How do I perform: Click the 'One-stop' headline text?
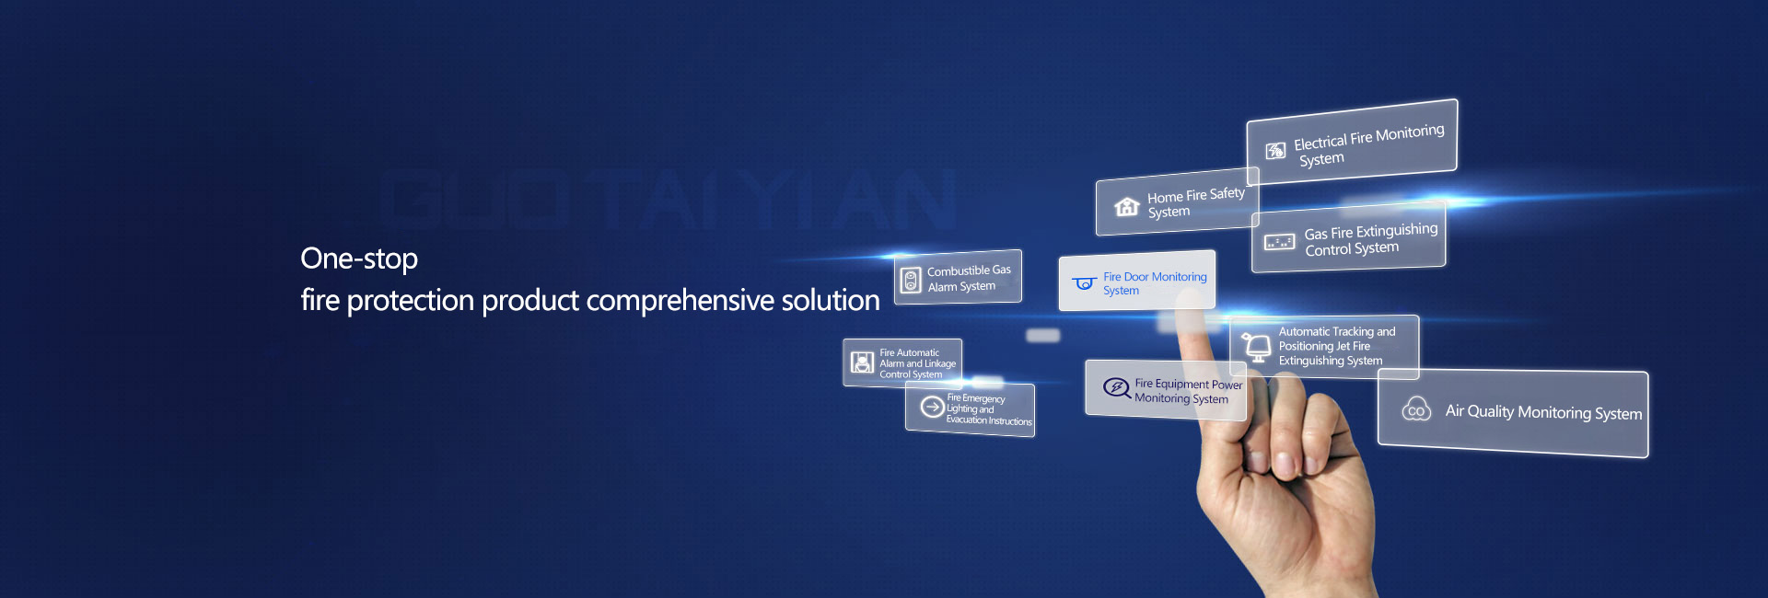coord(359,259)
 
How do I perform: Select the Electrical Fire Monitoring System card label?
coord(1368,144)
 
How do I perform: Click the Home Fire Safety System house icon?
coord(1127,206)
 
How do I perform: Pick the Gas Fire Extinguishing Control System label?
coord(1370,240)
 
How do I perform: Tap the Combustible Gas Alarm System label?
coord(969,278)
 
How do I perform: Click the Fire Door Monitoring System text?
coord(1155,283)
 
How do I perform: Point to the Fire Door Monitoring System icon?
coord(1085,283)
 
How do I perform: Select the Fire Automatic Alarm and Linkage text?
coord(917,363)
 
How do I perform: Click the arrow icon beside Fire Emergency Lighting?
coord(932,407)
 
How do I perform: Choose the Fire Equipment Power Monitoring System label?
coord(1188,391)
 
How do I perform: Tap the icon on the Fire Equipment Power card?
coord(1117,387)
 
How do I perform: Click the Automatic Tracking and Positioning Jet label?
coord(1336,346)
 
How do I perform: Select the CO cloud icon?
coord(1416,409)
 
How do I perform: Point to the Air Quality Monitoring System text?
coord(1543,412)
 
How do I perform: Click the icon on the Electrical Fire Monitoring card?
coord(1275,151)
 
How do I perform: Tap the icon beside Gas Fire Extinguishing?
coord(1279,242)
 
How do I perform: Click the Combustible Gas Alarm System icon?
coord(911,281)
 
